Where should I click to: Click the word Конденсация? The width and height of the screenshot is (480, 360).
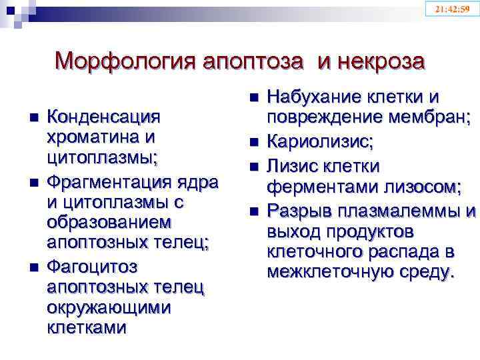click(104, 117)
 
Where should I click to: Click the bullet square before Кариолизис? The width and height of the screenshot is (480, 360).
click(253, 142)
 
